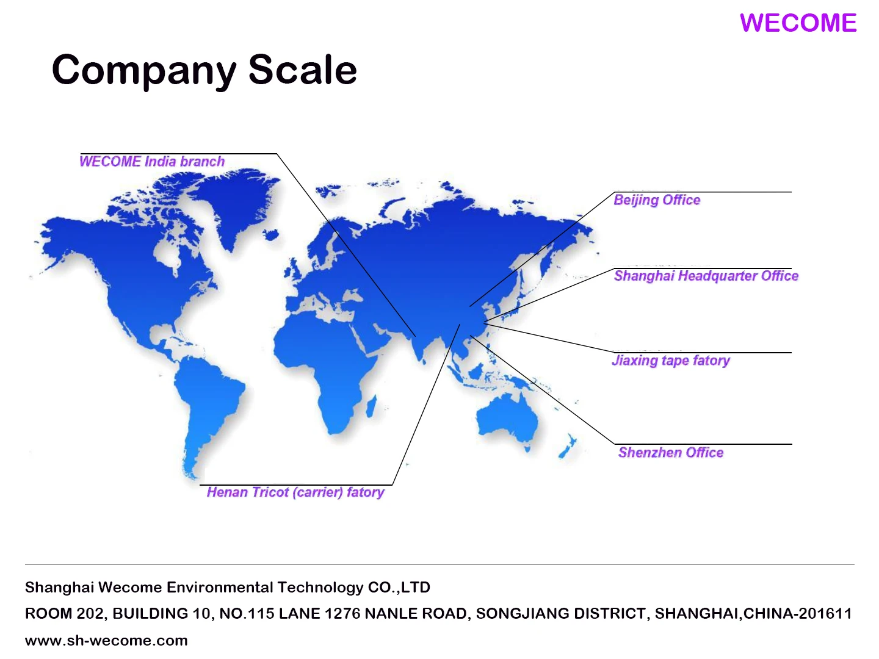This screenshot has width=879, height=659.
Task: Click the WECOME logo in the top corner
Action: [798, 23]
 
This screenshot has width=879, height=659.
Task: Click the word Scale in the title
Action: [302, 70]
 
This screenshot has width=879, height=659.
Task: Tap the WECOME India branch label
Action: [152, 161]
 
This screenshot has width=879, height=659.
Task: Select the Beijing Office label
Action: [657, 200]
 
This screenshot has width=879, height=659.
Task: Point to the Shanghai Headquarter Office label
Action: [706, 276]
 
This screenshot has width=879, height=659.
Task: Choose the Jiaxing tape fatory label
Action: [671, 361]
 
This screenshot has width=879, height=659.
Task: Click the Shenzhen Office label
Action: [671, 453]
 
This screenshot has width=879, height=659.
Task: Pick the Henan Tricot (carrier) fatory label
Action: [295, 492]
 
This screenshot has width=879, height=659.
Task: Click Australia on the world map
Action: [507, 418]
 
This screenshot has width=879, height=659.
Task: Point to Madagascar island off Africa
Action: [372, 406]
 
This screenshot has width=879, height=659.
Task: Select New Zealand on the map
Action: [568, 446]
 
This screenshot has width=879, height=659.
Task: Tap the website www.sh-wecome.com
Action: [106, 641]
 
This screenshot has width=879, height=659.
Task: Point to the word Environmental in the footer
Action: [220, 588]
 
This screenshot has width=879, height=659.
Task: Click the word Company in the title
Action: [144, 71]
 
